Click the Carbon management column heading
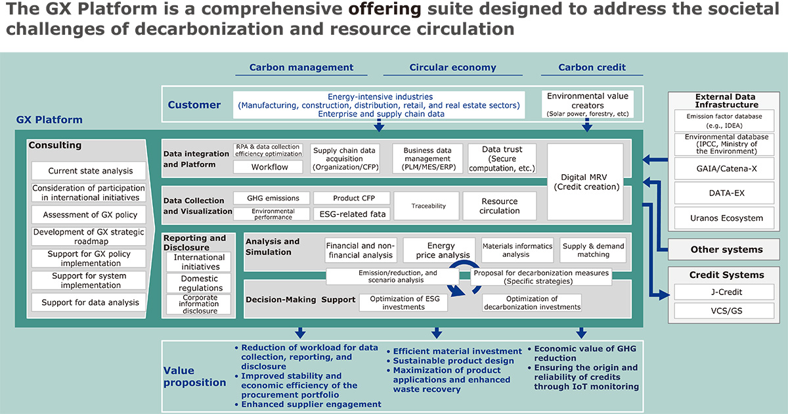coord(301,67)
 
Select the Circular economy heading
coord(452,67)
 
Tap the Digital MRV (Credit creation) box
coord(586,181)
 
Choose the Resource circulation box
coord(500,206)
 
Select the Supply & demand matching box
coord(593,250)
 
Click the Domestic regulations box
coord(199,283)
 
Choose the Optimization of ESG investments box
coord(403,303)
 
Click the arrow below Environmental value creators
coord(587,125)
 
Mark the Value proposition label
coord(194,377)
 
